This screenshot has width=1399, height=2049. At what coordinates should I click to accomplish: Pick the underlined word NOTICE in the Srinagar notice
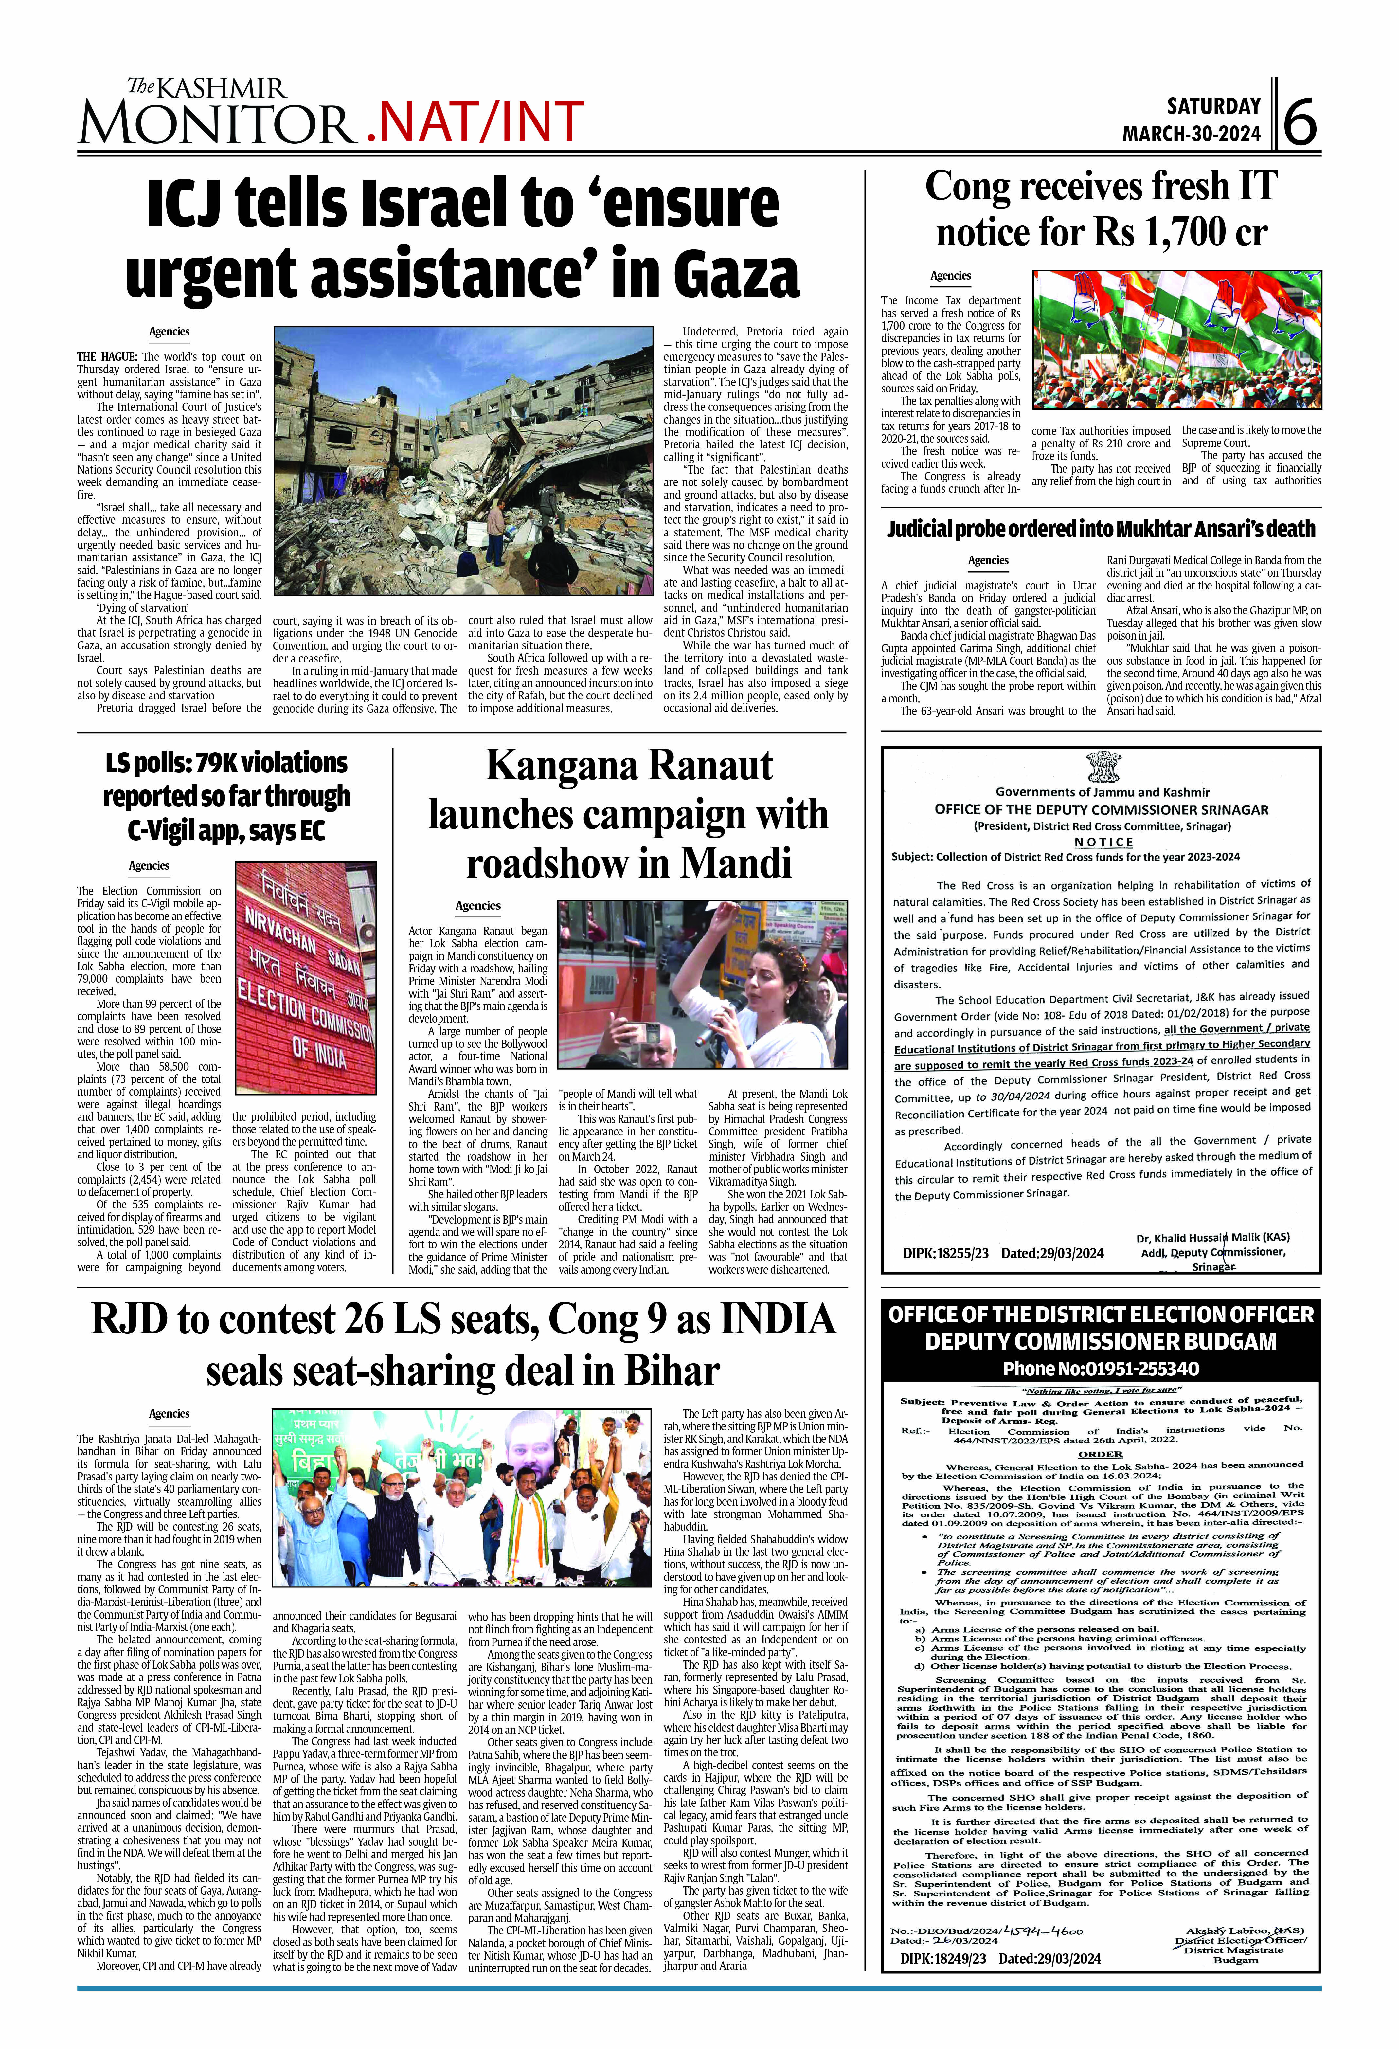pyautogui.click(x=1103, y=842)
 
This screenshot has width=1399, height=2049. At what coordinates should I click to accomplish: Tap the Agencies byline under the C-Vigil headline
pyautogui.click(x=149, y=866)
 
